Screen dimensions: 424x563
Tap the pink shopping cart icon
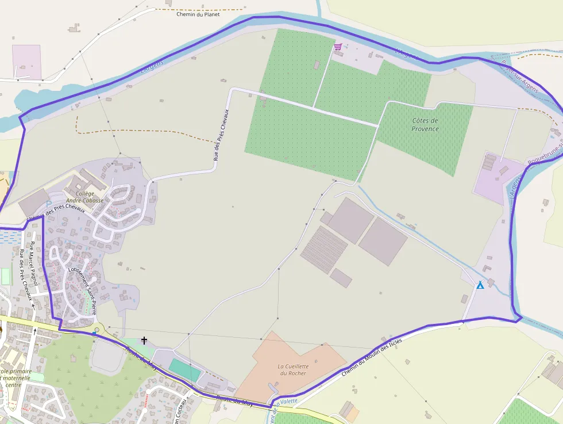click(x=338, y=47)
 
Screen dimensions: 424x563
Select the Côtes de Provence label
click(x=425, y=125)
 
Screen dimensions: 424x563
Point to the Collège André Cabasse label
click(x=84, y=197)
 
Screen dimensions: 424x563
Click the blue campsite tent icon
click(x=480, y=285)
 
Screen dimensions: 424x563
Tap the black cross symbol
click(x=144, y=341)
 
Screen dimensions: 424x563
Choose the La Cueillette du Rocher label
click(x=293, y=369)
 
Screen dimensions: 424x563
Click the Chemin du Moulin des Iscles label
click(x=371, y=357)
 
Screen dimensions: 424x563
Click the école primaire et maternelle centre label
click(x=17, y=377)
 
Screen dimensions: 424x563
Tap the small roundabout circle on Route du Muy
click(x=97, y=330)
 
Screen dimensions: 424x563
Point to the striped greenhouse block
click(x=323, y=250)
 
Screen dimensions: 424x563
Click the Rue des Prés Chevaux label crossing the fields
click(x=221, y=134)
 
